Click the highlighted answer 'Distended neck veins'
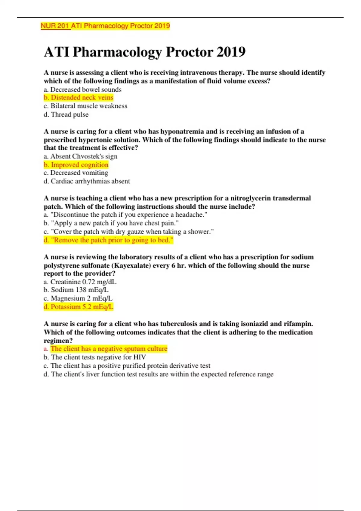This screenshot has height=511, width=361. [79, 97]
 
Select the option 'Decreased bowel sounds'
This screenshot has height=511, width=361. [83, 90]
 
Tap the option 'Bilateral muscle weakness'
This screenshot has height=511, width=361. [85, 106]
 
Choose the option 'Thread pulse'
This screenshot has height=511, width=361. [66, 115]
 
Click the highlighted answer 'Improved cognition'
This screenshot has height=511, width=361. [76, 165]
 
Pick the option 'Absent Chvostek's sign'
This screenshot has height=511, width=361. [81, 156]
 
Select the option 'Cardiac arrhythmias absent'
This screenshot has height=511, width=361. [87, 181]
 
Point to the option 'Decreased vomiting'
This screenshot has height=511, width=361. [76, 173]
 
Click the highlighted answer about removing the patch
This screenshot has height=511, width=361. [109, 240]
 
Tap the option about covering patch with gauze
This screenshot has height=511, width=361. [129, 232]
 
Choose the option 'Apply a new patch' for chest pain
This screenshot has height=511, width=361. [111, 223]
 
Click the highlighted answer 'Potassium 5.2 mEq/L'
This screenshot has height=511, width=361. [79, 307]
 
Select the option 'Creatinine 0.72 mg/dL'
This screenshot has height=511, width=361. [80, 282]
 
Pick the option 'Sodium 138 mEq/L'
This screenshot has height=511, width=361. [76, 290]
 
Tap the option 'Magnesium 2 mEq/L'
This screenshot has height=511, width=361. [78, 298]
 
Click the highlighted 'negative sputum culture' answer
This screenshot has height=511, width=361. [109, 349]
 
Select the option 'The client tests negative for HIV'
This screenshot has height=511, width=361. [95, 357]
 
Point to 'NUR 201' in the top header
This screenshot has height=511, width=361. [55, 26]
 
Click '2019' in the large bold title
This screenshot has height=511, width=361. [231, 52]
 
